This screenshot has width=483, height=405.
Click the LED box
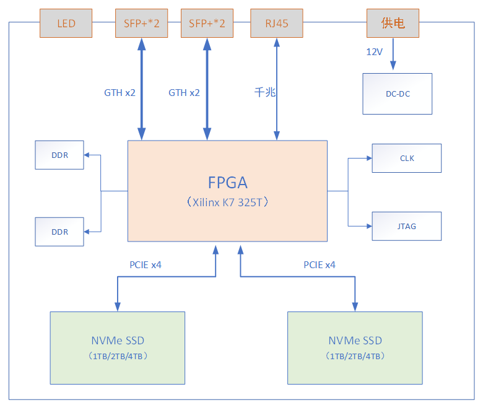pyautogui.click(x=66, y=23)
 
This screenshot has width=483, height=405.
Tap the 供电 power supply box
pyautogui.click(x=393, y=23)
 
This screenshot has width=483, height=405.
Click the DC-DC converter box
pyautogui.click(x=397, y=94)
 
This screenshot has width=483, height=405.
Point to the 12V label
pyautogui.click(x=374, y=52)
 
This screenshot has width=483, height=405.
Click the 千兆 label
pyautogui.click(x=264, y=92)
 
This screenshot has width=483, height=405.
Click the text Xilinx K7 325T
pyautogui.click(x=227, y=202)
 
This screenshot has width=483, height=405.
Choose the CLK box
pyautogui.click(x=406, y=158)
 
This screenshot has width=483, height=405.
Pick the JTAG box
pyautogui.click(x=406, y=226)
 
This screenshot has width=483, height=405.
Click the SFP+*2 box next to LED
pyautogui.click(x=141, y=23)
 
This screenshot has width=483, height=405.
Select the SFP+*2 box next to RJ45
pyautogui.click(x=206, y=23)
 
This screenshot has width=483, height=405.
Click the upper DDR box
pyautogui.click(x=59, y=155)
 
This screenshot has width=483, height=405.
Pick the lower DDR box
pyautogui.click(x=59, y=232)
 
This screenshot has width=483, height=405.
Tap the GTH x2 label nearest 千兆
pyautogui.click(x=184, y=92)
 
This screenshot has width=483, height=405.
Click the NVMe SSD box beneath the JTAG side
pyautogui.click(x=355, y=347)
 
